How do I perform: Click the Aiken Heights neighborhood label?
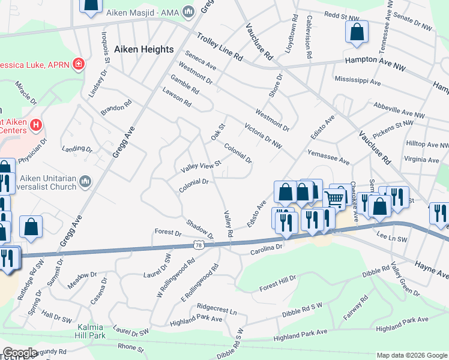pyautogui.click(x=143, y=49)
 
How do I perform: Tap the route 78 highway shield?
pyautogui.click(x=199, y=244)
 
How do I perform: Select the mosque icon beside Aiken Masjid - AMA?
pyautogui.click(x=190, y=11)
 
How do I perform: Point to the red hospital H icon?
pyautogui.click(x=37, y=125)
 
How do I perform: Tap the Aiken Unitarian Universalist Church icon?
pyautogui.click(x=85, y=181)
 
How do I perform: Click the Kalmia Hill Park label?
pyautogui.click(x=91, y=332)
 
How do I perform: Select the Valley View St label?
pyautogui.click(x=201, y=166)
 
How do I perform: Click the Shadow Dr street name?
pyautogui.click(x=199, y=227)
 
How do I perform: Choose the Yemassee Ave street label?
pyautogui.click(x=328, y=157)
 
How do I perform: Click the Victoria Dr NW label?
pyautogui.click(x=263, y=135)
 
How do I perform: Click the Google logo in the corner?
pyautogui.click(x=20, y=353)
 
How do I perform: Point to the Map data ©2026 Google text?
pyautogui.click(x=411, y=355)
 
